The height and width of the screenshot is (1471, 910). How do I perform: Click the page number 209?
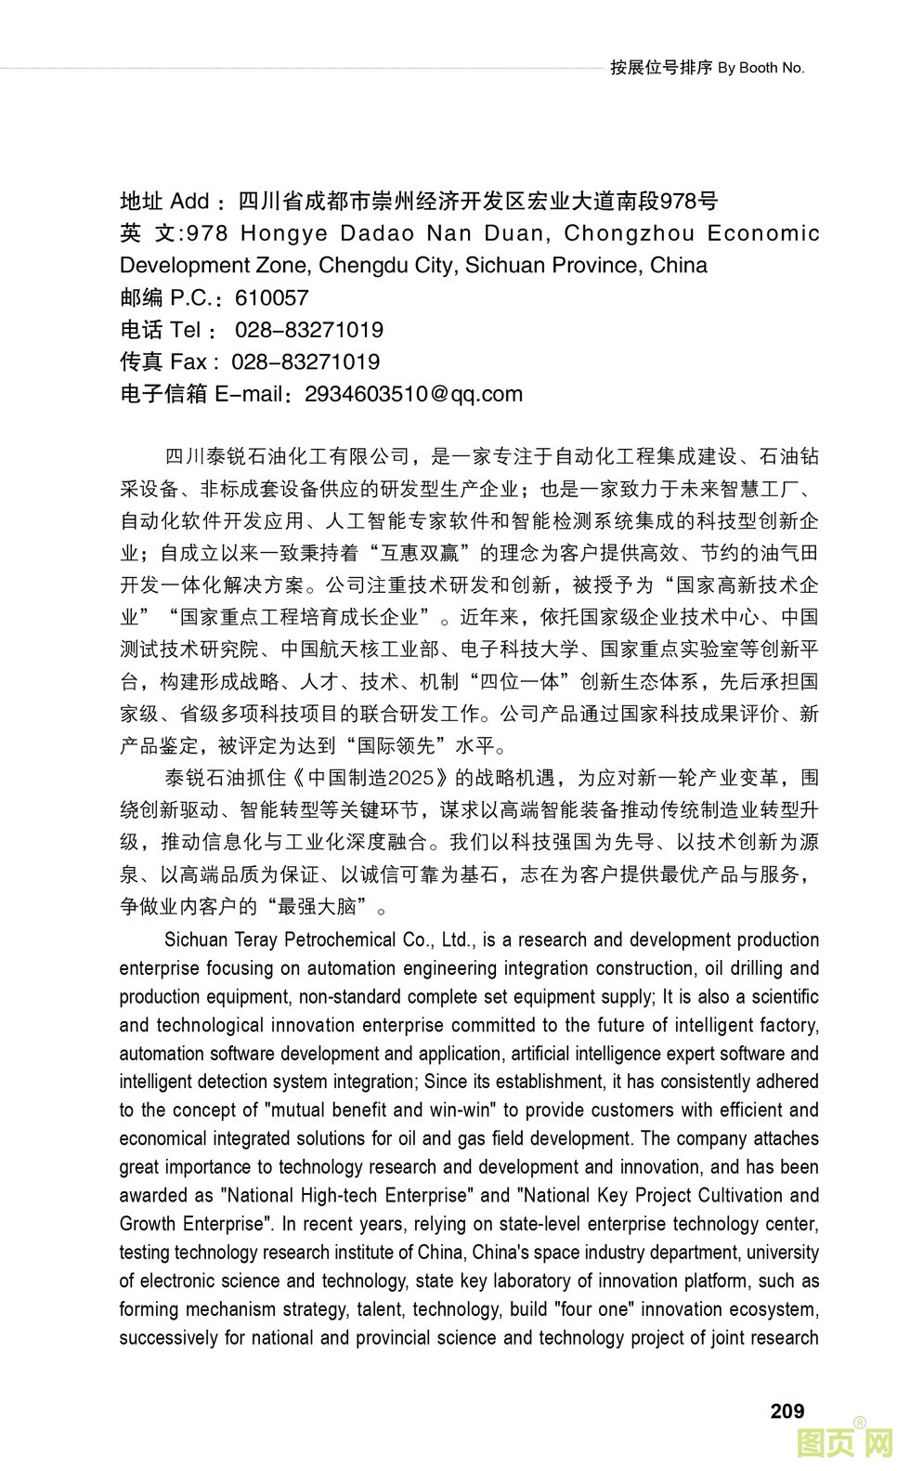click(x=786, y=1411)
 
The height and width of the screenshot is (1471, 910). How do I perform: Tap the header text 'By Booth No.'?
click(x=761, y=68)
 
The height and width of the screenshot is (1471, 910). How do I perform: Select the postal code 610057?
click(x=271, y=297)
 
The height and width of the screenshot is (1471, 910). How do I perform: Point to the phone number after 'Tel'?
click(x=308, y=330)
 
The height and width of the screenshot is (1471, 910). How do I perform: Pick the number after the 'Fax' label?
click(x=305, y=361)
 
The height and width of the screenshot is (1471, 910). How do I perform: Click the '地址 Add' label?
click(x=165, y=201)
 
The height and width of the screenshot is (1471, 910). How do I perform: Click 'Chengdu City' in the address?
click(x=385, y=265)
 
